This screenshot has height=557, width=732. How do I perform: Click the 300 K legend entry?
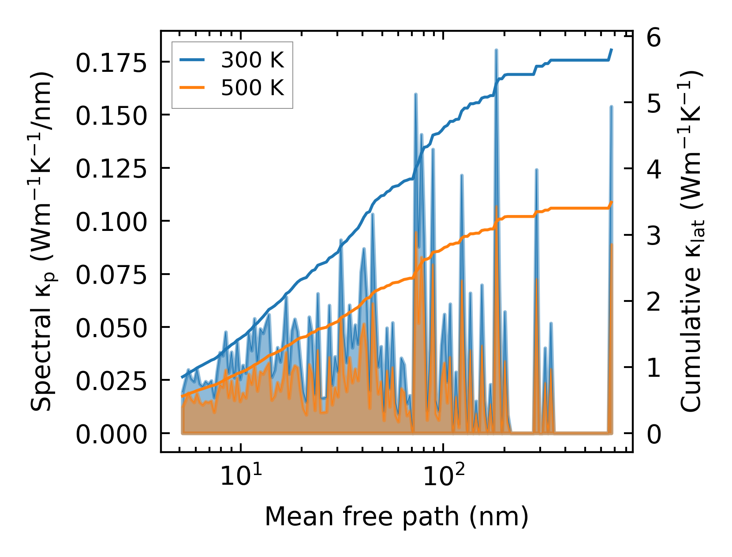[252, 60]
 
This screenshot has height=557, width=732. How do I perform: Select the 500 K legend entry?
[252, 88]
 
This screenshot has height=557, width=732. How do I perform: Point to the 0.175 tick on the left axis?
[111, 63]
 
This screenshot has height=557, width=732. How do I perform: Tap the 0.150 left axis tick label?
[111, 116]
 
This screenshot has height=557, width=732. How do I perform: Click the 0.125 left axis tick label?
[111, 169]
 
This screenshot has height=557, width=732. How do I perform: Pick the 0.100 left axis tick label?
[111, 222]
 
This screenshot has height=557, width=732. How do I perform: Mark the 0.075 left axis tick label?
[111, 275]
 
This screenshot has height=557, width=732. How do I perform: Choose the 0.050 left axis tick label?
[111, 328]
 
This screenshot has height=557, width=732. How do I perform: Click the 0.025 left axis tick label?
[111, 381]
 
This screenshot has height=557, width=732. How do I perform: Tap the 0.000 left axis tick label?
[111, 434]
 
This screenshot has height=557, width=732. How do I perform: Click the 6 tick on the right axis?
[654, 38]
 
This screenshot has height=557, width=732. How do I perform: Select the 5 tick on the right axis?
[654, 104]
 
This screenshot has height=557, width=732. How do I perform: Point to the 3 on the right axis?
[654, 236]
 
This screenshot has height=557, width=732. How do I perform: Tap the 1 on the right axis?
[654, 368]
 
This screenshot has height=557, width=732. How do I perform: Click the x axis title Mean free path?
[396, 516]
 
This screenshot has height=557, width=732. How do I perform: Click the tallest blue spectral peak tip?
[496, 50]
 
